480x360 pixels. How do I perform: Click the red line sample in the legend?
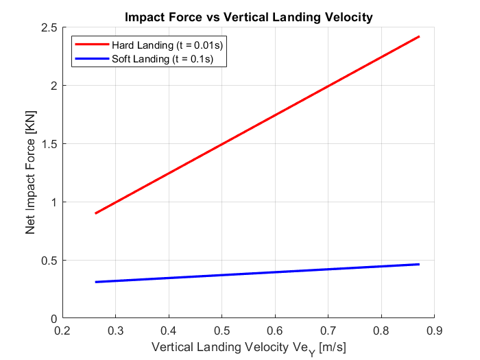[x=91, y=45]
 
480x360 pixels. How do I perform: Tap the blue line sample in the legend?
[x=91, y=59]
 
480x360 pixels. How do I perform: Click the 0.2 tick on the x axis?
[x=62, y=330]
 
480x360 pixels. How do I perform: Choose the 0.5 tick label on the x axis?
[x=221, y=330]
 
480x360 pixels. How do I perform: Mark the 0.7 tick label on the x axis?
[x=328, y=330]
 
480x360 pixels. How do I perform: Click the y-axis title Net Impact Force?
[x=31, y=173]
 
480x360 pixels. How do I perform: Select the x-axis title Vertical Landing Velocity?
[x=248, y=348]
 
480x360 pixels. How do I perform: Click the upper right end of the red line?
[x=418, y=36]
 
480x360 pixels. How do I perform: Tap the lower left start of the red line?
[x=95, y=213]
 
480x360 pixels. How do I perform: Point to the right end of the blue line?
[x=418, y=264]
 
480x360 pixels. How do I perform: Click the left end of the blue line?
[x=95, y=282]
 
